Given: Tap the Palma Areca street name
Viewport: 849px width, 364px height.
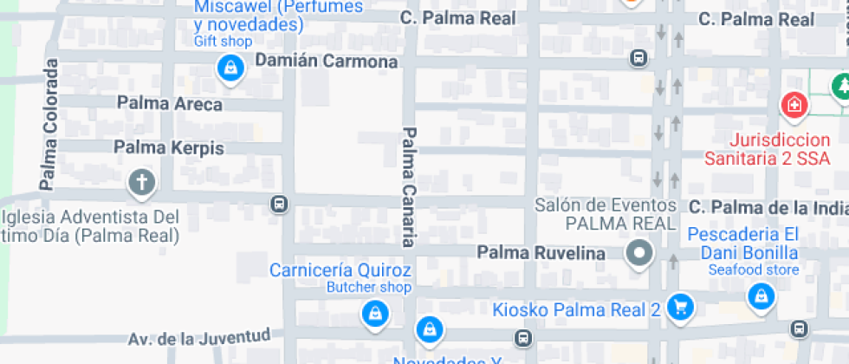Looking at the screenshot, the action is click(x=169, y=104).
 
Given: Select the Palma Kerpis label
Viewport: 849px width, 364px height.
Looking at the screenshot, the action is click(x=169, y=148).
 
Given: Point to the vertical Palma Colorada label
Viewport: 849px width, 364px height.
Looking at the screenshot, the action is click(x=49, y=124).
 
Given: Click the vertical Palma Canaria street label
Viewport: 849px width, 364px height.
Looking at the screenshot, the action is click(x=409, y=186).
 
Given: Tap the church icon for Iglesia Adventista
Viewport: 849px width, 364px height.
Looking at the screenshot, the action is click(x=141, y=183).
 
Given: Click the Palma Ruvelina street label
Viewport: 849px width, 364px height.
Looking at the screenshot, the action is click(x=541, y=253).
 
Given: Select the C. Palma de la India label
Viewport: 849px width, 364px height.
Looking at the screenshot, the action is click(x=768, y=207).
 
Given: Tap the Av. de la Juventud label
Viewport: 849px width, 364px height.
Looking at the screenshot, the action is click(x=198, y=337).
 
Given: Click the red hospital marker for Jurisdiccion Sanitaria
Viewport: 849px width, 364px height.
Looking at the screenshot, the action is click(x=794, y=107).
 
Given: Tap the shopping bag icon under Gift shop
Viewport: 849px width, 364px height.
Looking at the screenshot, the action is click(x=230, y=68).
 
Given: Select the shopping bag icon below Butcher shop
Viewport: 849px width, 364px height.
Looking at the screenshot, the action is click(x=373, y=313).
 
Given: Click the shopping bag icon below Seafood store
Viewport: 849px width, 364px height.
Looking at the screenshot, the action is click(x=761, y=296).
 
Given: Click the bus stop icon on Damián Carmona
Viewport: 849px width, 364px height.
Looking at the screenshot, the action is click(x=638, y=58).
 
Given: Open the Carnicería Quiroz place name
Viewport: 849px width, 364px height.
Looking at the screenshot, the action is click(x=340, y=270).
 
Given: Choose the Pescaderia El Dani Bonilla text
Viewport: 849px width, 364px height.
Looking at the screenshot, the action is click(x=743, y=244).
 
